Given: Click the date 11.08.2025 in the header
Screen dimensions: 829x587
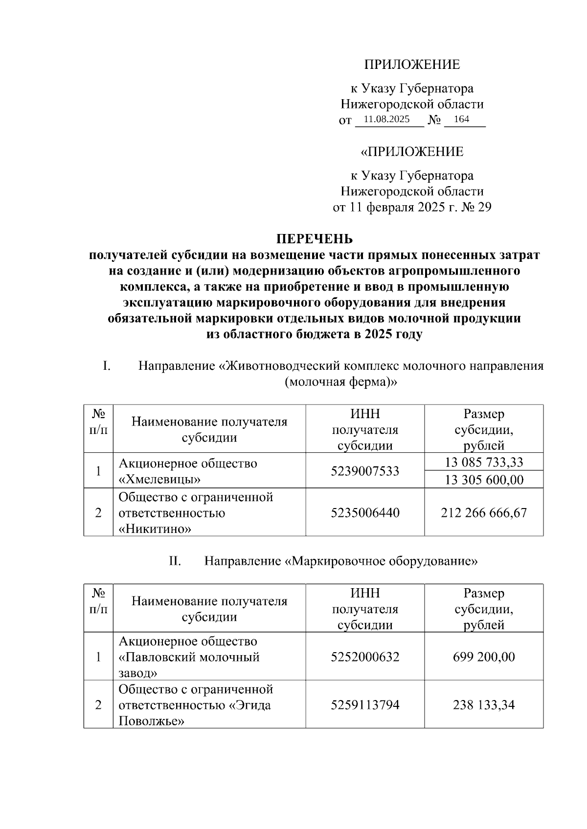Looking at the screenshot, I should point(386,119).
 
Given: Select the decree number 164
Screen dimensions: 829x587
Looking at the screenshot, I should point(461,119).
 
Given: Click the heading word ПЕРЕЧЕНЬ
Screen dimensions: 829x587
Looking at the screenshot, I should point(315,239).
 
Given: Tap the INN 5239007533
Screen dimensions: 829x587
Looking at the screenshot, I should point(365,471).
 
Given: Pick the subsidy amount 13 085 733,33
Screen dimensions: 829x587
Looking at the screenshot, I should point(484,462).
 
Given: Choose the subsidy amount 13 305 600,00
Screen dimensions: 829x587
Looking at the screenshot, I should point(484,480).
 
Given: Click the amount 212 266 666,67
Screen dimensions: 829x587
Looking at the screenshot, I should point(484,512).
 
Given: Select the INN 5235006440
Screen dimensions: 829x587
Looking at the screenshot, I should point(365,512).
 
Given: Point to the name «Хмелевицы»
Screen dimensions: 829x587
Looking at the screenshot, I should point(160,479).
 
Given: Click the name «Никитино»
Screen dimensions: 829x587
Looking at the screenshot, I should point(155,529).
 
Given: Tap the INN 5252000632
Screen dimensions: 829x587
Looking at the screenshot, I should point(365,657).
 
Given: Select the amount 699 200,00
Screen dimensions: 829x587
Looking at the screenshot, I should point(484,657).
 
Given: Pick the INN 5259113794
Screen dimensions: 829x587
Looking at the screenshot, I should point(365,705).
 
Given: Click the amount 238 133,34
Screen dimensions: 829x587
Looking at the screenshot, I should point(484,705).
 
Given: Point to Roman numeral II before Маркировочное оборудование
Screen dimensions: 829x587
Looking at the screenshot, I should point(175,561).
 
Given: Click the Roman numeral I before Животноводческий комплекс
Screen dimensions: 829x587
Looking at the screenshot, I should point(105,365).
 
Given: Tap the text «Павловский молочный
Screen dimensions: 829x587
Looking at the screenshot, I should point(189,657).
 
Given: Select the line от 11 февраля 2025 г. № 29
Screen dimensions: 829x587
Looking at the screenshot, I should point(412,207).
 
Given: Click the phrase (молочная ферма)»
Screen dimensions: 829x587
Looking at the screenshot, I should point(340,382).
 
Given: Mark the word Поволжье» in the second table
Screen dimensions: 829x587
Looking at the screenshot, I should point(151,721).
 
